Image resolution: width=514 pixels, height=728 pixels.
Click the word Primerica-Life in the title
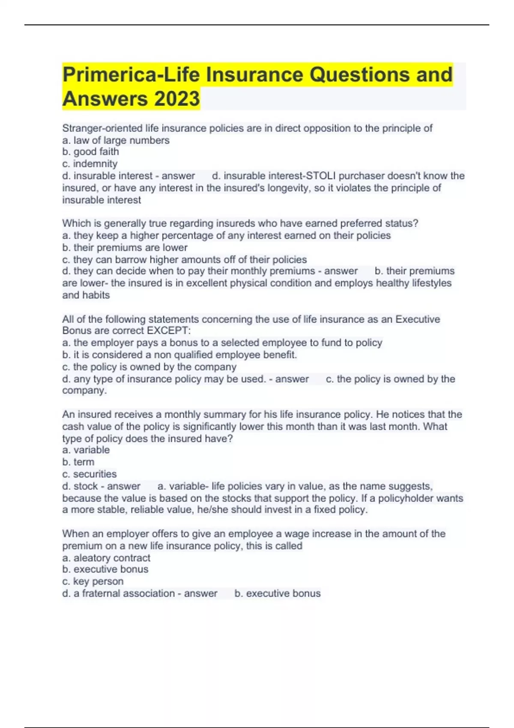click(131, 75)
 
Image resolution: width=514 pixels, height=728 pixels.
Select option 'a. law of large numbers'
click(116, 140)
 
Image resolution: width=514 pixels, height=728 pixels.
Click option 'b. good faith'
click(90, 152)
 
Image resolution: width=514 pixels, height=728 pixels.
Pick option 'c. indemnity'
click(90, 164)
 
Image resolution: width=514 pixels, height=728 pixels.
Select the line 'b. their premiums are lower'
click(125, 248)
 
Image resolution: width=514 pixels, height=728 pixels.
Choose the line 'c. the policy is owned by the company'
click(149, 367)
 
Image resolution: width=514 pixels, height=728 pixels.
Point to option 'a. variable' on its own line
click(86, 450)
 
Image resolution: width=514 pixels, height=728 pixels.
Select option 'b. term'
click(78, 462)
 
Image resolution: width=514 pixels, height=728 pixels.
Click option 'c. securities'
click(89, 474)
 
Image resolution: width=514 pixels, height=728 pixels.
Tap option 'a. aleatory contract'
click(106, 558)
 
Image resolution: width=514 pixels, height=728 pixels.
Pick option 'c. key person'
click(93, 582)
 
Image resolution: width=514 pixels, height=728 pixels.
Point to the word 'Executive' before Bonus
click(418, 319)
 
